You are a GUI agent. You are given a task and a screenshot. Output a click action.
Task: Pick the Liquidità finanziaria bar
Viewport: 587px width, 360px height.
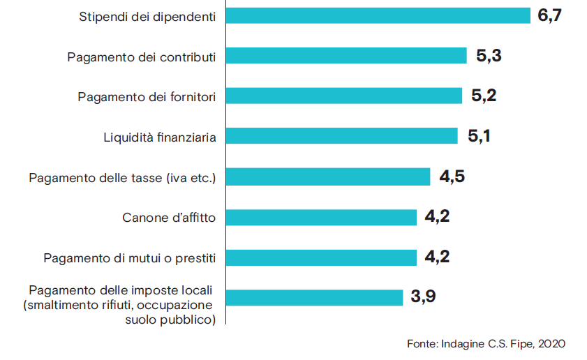pos(341,136)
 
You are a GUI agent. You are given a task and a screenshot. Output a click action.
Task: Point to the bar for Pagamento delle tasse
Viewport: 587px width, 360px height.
pos(327,177)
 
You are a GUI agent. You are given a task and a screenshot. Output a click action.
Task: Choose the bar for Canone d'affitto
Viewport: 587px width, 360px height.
pos(321,217)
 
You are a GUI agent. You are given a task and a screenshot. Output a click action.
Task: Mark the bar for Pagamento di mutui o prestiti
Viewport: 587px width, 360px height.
pos(321,257)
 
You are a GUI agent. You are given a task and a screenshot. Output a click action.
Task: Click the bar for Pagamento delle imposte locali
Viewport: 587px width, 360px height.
pos(314,297)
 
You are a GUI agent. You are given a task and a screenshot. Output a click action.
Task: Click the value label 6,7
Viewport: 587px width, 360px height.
pos(549,16)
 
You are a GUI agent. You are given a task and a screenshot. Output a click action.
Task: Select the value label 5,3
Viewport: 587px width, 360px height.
pos(489,56)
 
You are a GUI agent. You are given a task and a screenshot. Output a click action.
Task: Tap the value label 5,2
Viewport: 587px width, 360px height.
pos(484,96)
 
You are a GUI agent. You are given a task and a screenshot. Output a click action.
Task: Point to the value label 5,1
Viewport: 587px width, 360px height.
pos(479,136)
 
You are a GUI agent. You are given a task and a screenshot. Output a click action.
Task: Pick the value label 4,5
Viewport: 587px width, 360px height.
pos(452,177)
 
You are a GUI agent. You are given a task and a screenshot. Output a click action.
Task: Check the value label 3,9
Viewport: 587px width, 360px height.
pos(423,297)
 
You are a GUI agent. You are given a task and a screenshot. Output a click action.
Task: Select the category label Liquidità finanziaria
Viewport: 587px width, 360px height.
pos(159,137)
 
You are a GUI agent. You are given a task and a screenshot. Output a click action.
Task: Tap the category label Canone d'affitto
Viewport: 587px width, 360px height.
pos(169,218)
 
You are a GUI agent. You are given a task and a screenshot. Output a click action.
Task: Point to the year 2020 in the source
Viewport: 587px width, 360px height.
pos(551,344)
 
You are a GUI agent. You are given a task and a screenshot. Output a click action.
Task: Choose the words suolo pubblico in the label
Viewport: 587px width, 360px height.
pos(170,320)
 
